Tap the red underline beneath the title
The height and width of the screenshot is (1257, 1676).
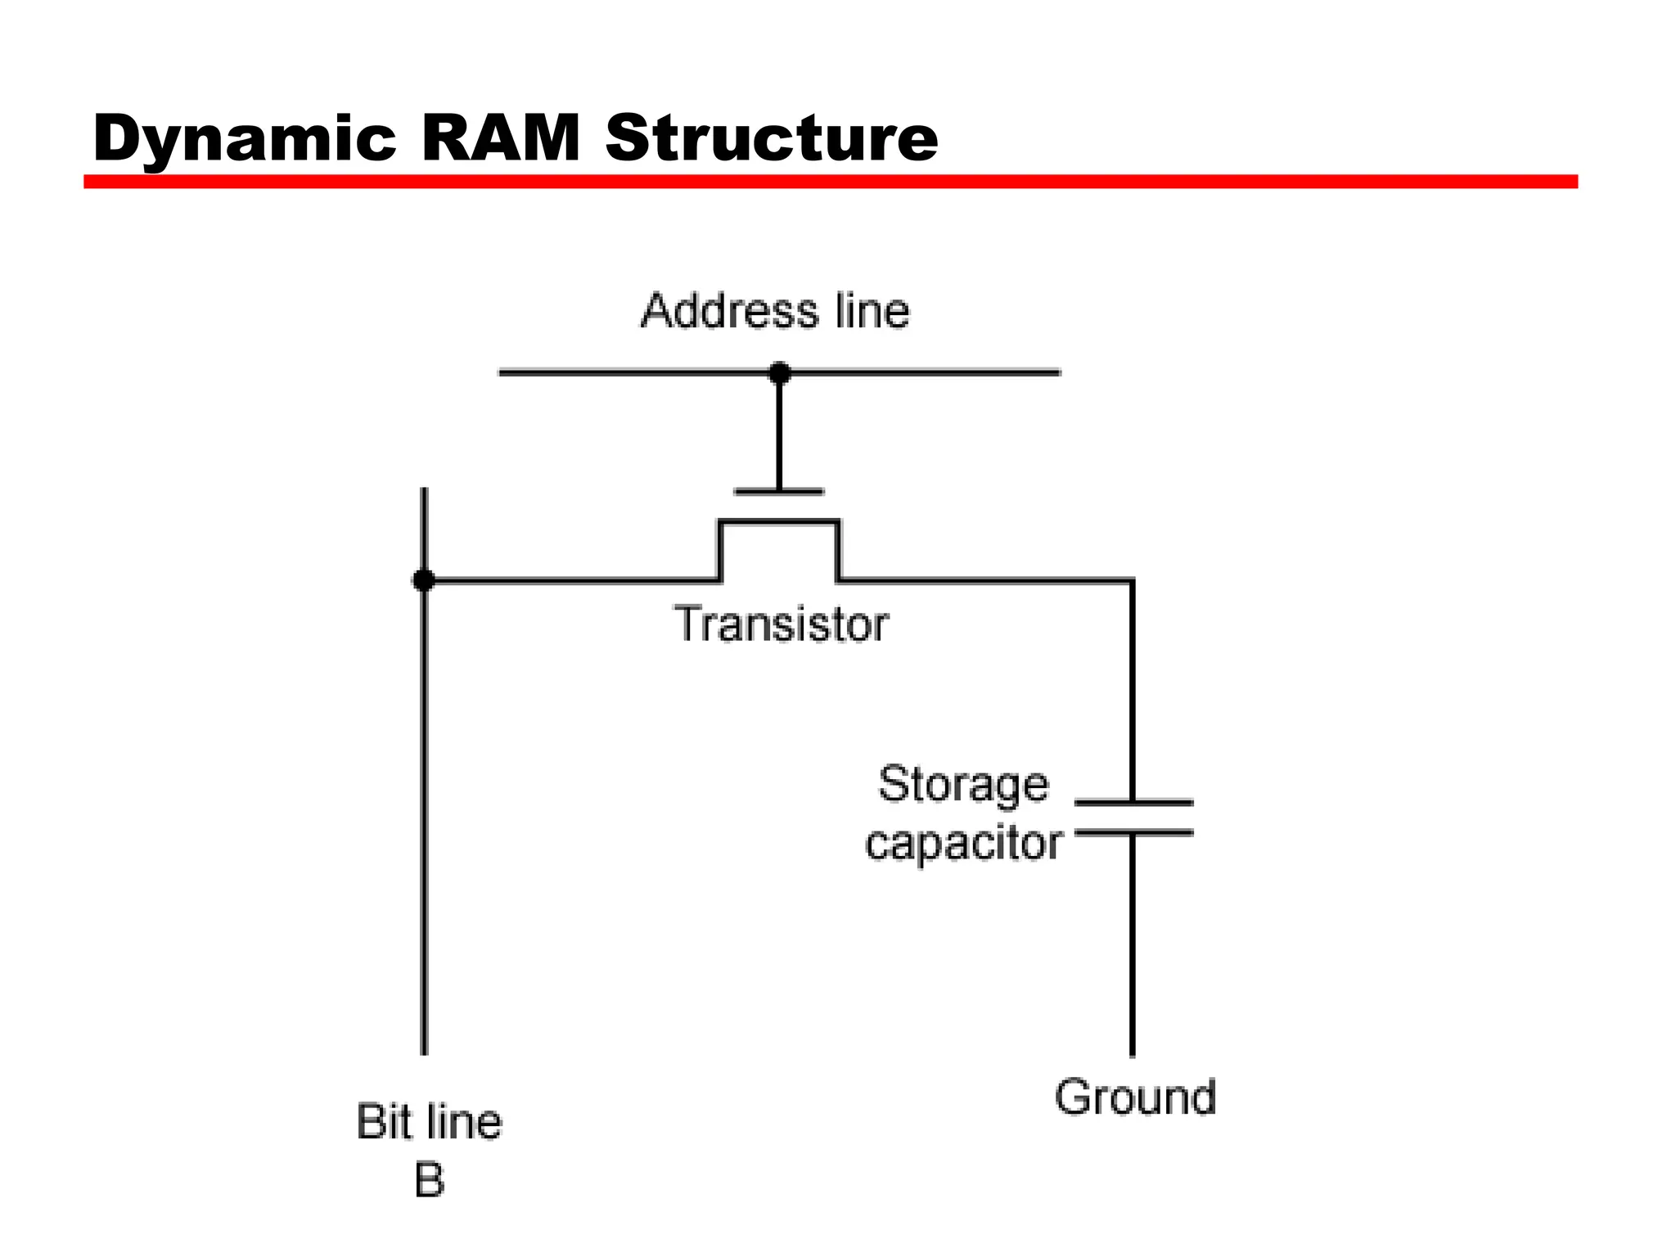click(x=830, y=182)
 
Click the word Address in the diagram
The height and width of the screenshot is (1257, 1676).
click(x=729, y=312)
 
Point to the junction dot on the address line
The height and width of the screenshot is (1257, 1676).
click(x=779, y=373)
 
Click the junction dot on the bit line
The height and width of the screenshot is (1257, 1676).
click(x=423, y=581)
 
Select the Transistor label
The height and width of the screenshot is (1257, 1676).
click(x=781, y=624)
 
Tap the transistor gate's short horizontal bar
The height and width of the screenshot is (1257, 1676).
click(x=779, y=492)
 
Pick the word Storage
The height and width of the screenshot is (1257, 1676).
click(x=963, y=785)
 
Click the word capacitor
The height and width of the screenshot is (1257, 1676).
click(x=963, y=843)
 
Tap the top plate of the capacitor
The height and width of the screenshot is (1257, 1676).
click(x=1133, y=803)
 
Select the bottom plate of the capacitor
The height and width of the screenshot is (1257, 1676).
click(x=1133, y=833)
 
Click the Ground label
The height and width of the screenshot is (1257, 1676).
click(x=1135, y=1097)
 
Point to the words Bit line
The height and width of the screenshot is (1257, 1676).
click(x=429, y=1122)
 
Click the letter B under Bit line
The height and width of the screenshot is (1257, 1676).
click(x=429, y=1180)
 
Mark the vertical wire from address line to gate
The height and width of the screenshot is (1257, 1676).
click(x=779, y=434)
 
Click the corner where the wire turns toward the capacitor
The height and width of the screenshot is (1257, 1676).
click(x=1132, y=581)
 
